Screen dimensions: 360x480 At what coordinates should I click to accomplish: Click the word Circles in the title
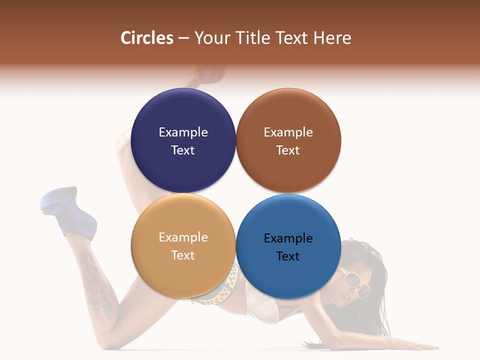pyautogui.click(x=147, y=38)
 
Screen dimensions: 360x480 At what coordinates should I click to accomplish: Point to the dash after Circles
pyautogui.click(x=183, y=38)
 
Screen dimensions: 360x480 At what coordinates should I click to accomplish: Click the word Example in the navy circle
pyautogui.click(x=183, y=132)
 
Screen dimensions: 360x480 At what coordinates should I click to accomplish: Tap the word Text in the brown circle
pyautogui.click(x=288, y=150)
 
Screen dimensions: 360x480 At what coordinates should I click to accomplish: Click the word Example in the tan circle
pyautogui.click(x=183, y=237)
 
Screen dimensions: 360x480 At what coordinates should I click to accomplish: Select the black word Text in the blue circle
pyautogui.click(x=288, y=256)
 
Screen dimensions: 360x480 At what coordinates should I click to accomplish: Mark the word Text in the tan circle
pyautogui.click(x=183, y=255)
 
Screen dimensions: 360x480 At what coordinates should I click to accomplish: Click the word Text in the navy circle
pyautogui.click(x=183, y=150)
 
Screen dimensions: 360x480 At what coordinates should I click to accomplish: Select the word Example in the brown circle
pyautogui.click(x=288, y=132)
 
